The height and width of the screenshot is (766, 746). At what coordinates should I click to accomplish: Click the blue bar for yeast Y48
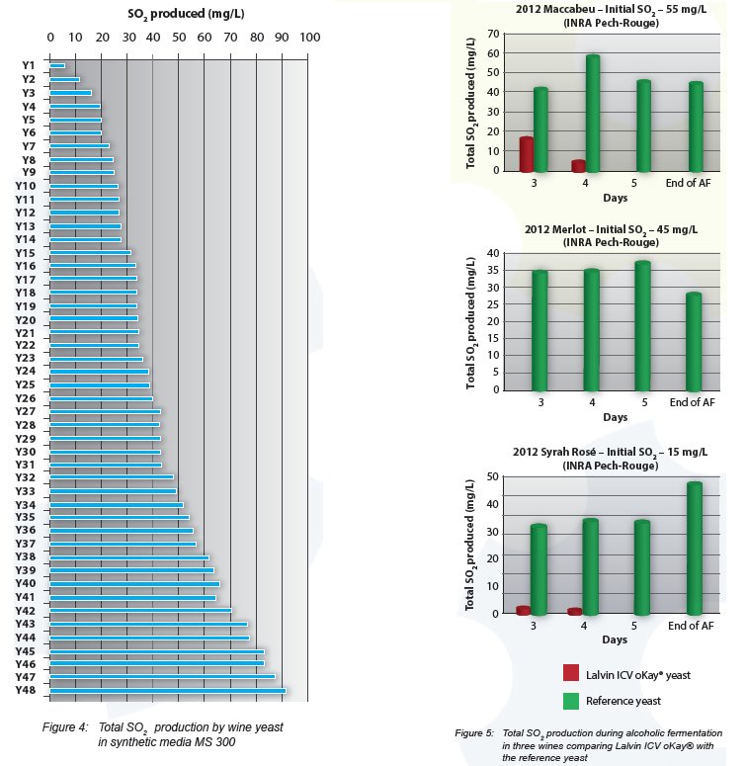pos(168,690)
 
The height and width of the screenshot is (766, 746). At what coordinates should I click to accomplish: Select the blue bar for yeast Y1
pos(57,65)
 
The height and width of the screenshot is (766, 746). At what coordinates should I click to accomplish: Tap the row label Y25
pos(27,384)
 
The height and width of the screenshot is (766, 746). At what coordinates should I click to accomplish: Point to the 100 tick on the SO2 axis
pos(309,38)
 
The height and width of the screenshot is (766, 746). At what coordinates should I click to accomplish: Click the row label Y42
pos(27,611)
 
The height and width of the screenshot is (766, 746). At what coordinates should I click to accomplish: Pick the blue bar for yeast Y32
pos(112,476)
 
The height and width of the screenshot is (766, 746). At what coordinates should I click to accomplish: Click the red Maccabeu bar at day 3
pos(527,155)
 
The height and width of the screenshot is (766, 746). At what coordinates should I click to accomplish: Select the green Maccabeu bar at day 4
pos(593,114)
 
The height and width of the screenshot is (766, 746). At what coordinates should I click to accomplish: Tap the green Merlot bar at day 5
pos(642,326)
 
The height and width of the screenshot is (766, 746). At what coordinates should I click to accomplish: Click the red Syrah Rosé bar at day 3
pos(524,611)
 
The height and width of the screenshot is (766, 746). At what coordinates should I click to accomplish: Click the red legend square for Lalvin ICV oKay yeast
pos(571,673)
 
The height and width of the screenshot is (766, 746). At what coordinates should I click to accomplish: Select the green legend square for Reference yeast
pos(571,701)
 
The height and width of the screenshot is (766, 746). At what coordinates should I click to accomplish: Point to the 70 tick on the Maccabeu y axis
pos(491,35)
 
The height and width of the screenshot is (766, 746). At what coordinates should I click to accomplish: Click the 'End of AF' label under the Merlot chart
pos(692,402)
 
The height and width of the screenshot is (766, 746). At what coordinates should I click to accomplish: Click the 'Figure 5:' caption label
pos(475,733)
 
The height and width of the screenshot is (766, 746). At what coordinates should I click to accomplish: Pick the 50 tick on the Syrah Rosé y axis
pos(491,477)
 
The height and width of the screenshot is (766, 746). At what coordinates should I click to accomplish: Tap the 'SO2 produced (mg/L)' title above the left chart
pos(182,15)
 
